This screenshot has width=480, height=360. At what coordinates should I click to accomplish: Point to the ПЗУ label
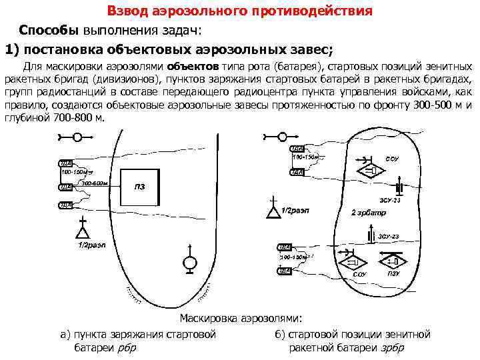coord(393,273)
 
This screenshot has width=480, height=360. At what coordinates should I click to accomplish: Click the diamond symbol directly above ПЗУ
coord(393,260)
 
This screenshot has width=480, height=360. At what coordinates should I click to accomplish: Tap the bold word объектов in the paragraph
coord(192,67)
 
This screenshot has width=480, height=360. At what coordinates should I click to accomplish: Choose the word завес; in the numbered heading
coord(301,49)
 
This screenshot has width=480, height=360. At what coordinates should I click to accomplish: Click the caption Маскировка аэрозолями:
coord(241,319)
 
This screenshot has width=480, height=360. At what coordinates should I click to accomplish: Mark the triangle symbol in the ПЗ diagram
coord(82,232)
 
